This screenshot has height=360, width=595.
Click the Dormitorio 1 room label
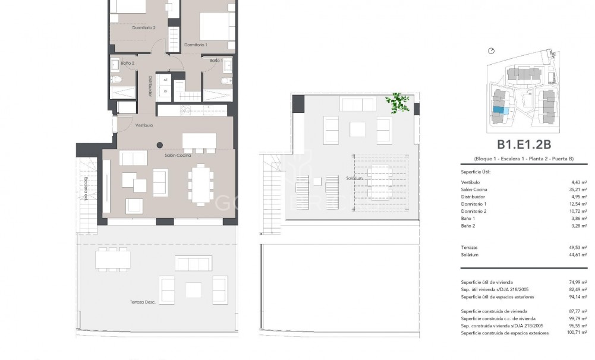195,45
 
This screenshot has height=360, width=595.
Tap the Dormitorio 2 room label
143,27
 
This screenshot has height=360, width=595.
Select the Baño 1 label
216,61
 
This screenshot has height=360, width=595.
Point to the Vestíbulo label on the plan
144,125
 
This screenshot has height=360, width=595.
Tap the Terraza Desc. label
142,302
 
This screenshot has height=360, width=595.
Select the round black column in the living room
159,145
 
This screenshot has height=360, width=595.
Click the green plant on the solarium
397,102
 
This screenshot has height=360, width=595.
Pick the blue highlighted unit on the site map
501,110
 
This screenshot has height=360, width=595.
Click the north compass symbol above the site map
491,51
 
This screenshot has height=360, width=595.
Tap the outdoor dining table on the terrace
112,258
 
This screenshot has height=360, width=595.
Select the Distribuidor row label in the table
473,197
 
